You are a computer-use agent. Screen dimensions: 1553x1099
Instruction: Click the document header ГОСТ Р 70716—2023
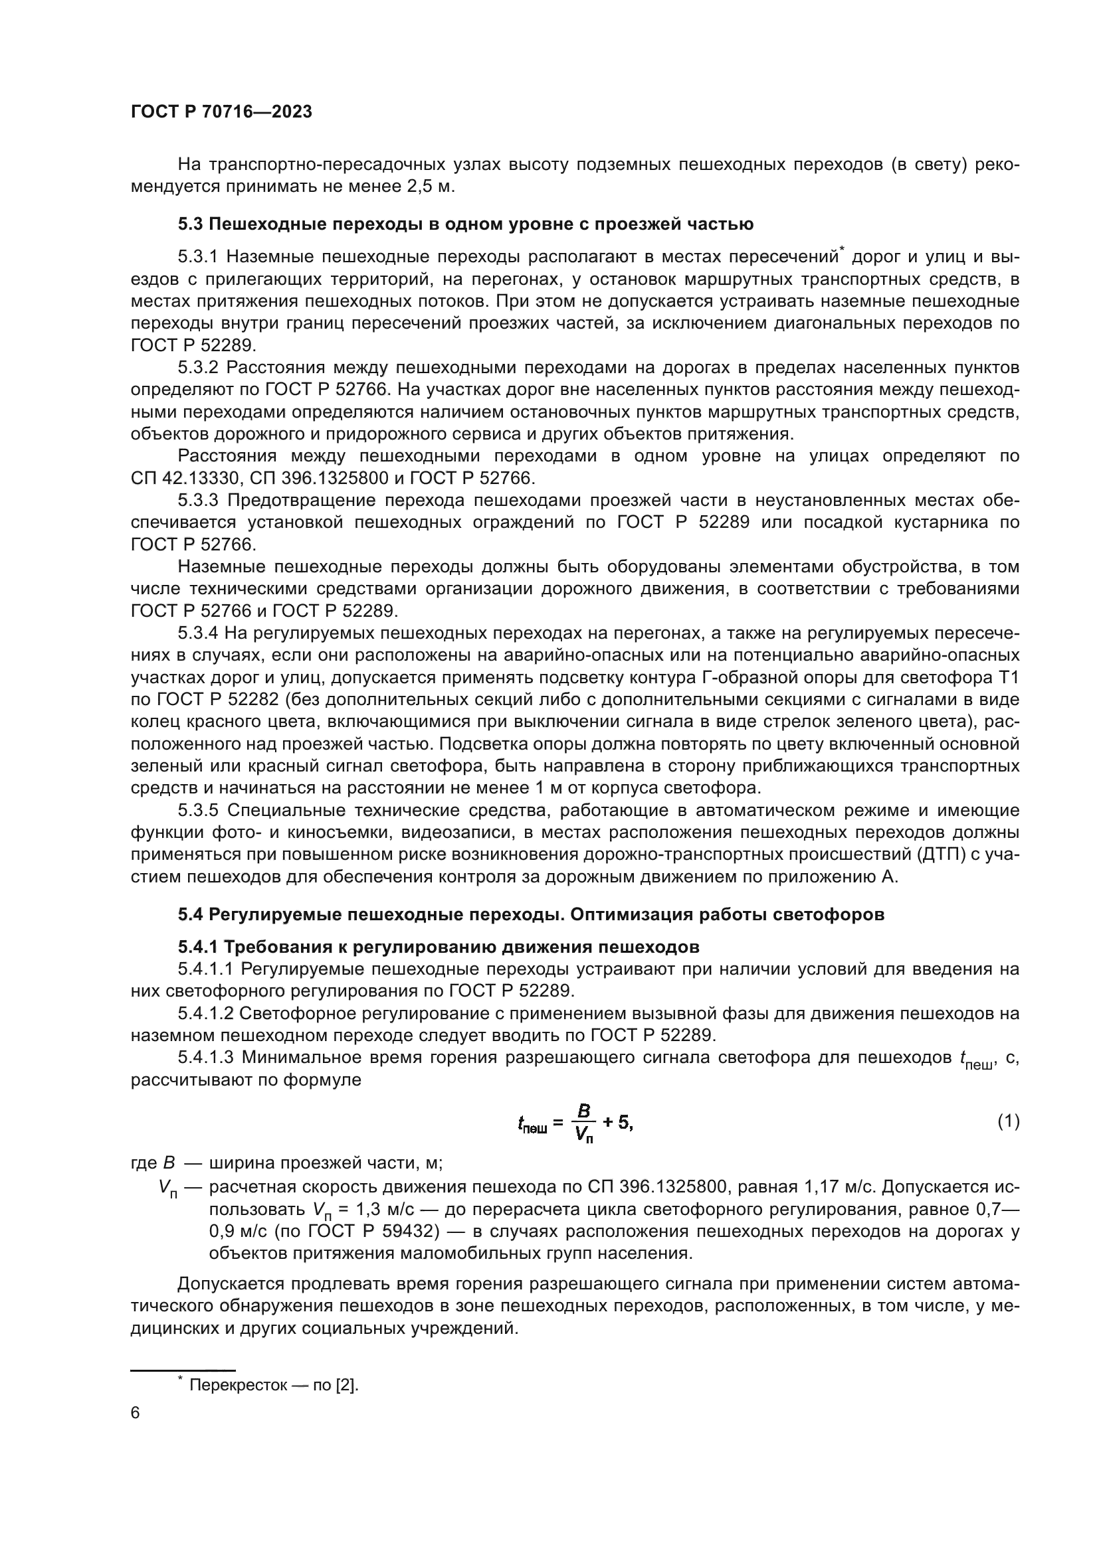point(221,112)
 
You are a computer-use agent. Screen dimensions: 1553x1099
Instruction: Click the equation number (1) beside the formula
point(1008,1121)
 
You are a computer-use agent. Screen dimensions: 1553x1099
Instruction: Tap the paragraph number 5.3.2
point(199,367)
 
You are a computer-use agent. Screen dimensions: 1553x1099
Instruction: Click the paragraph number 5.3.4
point(198,633)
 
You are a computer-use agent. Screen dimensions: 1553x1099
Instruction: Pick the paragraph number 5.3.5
point(199,810)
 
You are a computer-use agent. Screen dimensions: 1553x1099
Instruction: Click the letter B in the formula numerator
point(583,1111)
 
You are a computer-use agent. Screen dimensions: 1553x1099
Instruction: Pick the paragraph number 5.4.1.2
point(206,1013)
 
